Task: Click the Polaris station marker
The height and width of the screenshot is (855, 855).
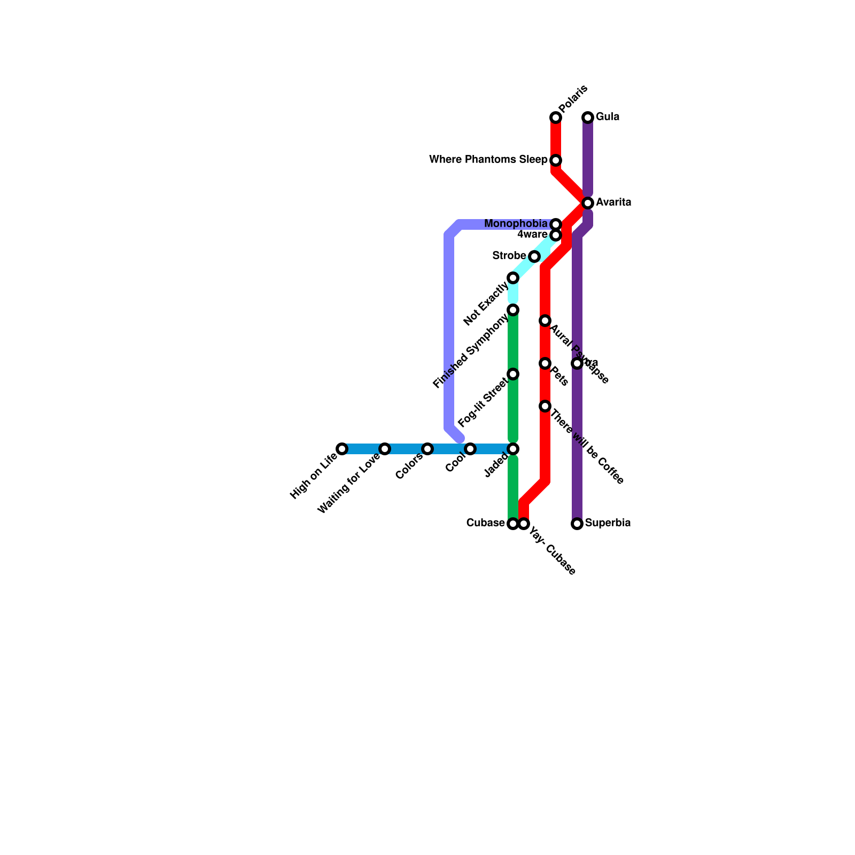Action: pos(556,118)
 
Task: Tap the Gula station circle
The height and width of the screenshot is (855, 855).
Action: pos(588,117)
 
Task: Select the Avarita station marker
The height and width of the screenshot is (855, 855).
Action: pos(588,203)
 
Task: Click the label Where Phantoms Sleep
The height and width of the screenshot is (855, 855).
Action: pos(488,160)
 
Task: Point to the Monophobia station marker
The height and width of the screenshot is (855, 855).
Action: pos(556,224)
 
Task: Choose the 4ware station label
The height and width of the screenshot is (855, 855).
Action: pos(532,235)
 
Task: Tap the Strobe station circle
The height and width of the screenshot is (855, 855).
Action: pos(534,256)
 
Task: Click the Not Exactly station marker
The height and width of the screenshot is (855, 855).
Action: pos(513,278)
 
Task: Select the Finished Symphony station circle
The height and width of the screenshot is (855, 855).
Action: pos(513,310)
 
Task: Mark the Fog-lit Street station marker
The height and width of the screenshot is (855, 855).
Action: pos(513,374)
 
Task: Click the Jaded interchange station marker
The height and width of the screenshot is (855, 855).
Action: pos(513,449)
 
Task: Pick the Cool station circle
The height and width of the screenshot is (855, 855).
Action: pos(470,449)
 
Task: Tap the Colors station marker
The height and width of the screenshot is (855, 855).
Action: pos(428,449)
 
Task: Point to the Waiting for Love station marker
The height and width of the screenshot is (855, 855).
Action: pos(385,449)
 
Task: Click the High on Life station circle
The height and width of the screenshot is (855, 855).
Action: pos(342,449)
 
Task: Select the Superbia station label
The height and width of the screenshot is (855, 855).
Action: pos(608,523)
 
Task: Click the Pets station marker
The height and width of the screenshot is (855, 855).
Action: pos(545,363)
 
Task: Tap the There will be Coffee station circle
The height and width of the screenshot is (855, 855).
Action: pos(545,406)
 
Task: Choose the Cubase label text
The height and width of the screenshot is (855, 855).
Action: pos(485,523)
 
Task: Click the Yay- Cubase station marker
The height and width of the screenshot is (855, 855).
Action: pos(524,524)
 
